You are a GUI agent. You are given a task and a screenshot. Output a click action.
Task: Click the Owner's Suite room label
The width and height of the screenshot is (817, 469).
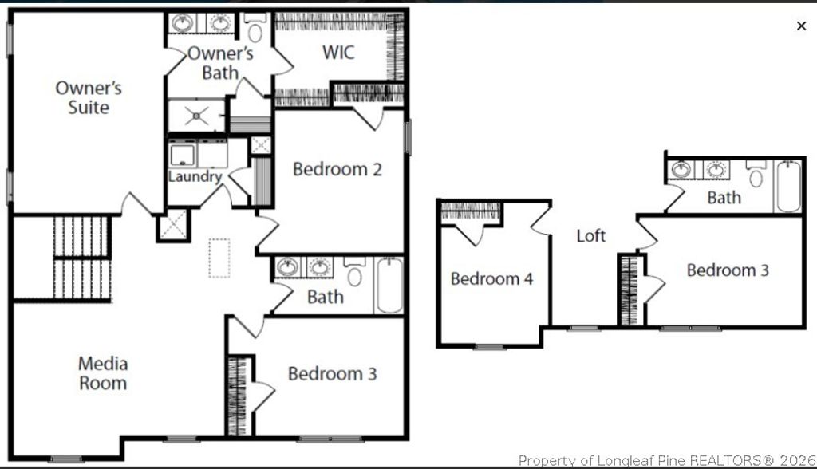point(88,97)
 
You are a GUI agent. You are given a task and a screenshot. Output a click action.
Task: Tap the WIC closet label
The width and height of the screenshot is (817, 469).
point(338,53)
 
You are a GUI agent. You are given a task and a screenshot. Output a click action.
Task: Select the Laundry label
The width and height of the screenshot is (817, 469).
point(195,176)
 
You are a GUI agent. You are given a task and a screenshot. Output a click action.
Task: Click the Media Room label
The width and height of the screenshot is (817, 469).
point(102,373)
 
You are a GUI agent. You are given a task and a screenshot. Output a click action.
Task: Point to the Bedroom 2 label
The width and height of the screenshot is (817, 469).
point(337,169)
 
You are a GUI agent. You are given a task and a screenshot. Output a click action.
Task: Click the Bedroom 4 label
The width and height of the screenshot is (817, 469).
point(491,278)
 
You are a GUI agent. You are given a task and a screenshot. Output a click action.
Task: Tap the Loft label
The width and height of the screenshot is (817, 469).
point(591,235)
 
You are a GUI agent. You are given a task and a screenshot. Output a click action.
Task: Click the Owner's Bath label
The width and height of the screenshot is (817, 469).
point(219,63)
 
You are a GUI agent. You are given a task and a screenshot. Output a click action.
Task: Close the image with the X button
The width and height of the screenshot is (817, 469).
point(801,26)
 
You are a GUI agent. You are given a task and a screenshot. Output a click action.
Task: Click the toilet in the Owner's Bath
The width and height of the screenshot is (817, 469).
point(255,30)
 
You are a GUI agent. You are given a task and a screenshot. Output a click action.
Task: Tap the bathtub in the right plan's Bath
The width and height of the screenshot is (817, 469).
point(787,187)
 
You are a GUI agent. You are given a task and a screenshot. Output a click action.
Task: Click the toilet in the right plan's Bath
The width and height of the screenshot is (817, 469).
point(756,173)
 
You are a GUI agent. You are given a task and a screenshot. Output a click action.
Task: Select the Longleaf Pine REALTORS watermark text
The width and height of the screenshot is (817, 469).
point(666,460)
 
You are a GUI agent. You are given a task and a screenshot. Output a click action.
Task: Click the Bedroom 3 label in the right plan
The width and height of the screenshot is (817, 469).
point(728,270)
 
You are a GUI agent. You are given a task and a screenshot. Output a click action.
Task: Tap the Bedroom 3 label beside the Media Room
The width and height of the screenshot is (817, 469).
point(332,373)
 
